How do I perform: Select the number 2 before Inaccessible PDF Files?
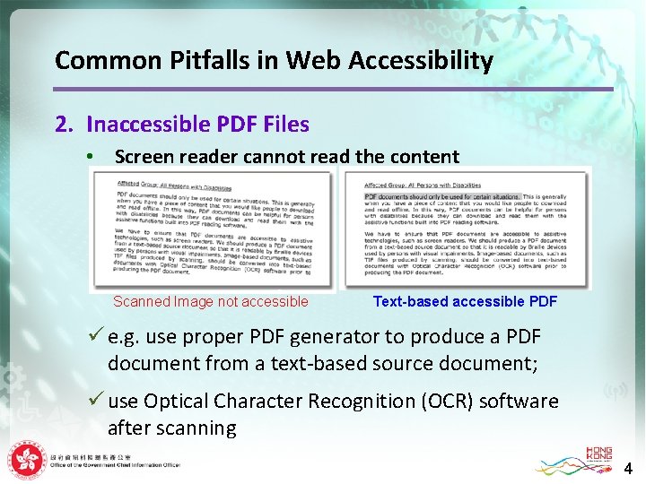[x=61, y=125]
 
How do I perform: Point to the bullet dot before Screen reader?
[x=90, y=157]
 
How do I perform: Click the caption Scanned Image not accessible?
[x=210, y=302]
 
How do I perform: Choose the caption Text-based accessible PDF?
[x=465, y=302]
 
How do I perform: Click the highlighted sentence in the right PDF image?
[x=441, y=196]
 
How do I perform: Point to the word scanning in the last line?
[x=195, y=428]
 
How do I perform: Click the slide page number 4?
[x=628, y=468]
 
